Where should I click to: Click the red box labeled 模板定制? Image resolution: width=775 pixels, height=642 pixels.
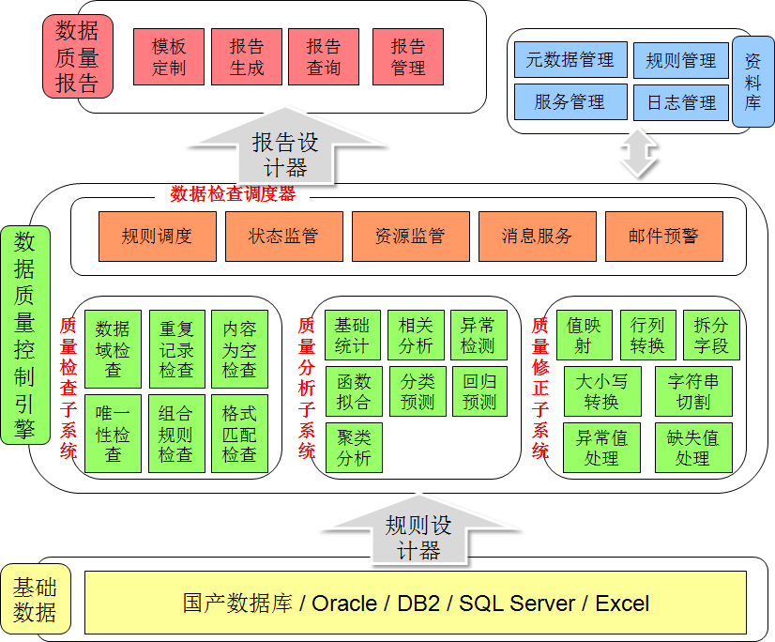169,57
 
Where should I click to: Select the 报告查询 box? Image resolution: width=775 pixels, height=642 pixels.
324,57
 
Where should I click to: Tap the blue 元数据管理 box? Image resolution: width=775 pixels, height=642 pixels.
570,60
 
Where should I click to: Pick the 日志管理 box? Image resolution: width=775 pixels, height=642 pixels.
681,102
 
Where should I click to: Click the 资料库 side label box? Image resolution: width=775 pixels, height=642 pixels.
752,82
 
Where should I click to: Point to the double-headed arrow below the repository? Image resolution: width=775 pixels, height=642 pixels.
640,154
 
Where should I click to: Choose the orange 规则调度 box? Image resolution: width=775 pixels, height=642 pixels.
157,237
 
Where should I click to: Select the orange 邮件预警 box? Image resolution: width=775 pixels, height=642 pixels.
663,237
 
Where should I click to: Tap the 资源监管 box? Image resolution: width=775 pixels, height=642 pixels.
410,237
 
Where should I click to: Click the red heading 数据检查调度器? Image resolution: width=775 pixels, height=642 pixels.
233,194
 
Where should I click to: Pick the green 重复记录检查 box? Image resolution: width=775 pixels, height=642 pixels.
176,349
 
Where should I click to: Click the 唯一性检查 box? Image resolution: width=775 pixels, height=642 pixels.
113,434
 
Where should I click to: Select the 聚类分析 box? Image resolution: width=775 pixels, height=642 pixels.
354,448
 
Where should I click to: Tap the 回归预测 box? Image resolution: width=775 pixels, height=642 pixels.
479,392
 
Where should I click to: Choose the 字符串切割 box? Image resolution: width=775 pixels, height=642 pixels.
692,392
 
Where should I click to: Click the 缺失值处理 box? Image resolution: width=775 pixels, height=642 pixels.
692,448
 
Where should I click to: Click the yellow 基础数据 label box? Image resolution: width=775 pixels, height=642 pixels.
35,601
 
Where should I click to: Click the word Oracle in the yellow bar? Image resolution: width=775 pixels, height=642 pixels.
344,603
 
